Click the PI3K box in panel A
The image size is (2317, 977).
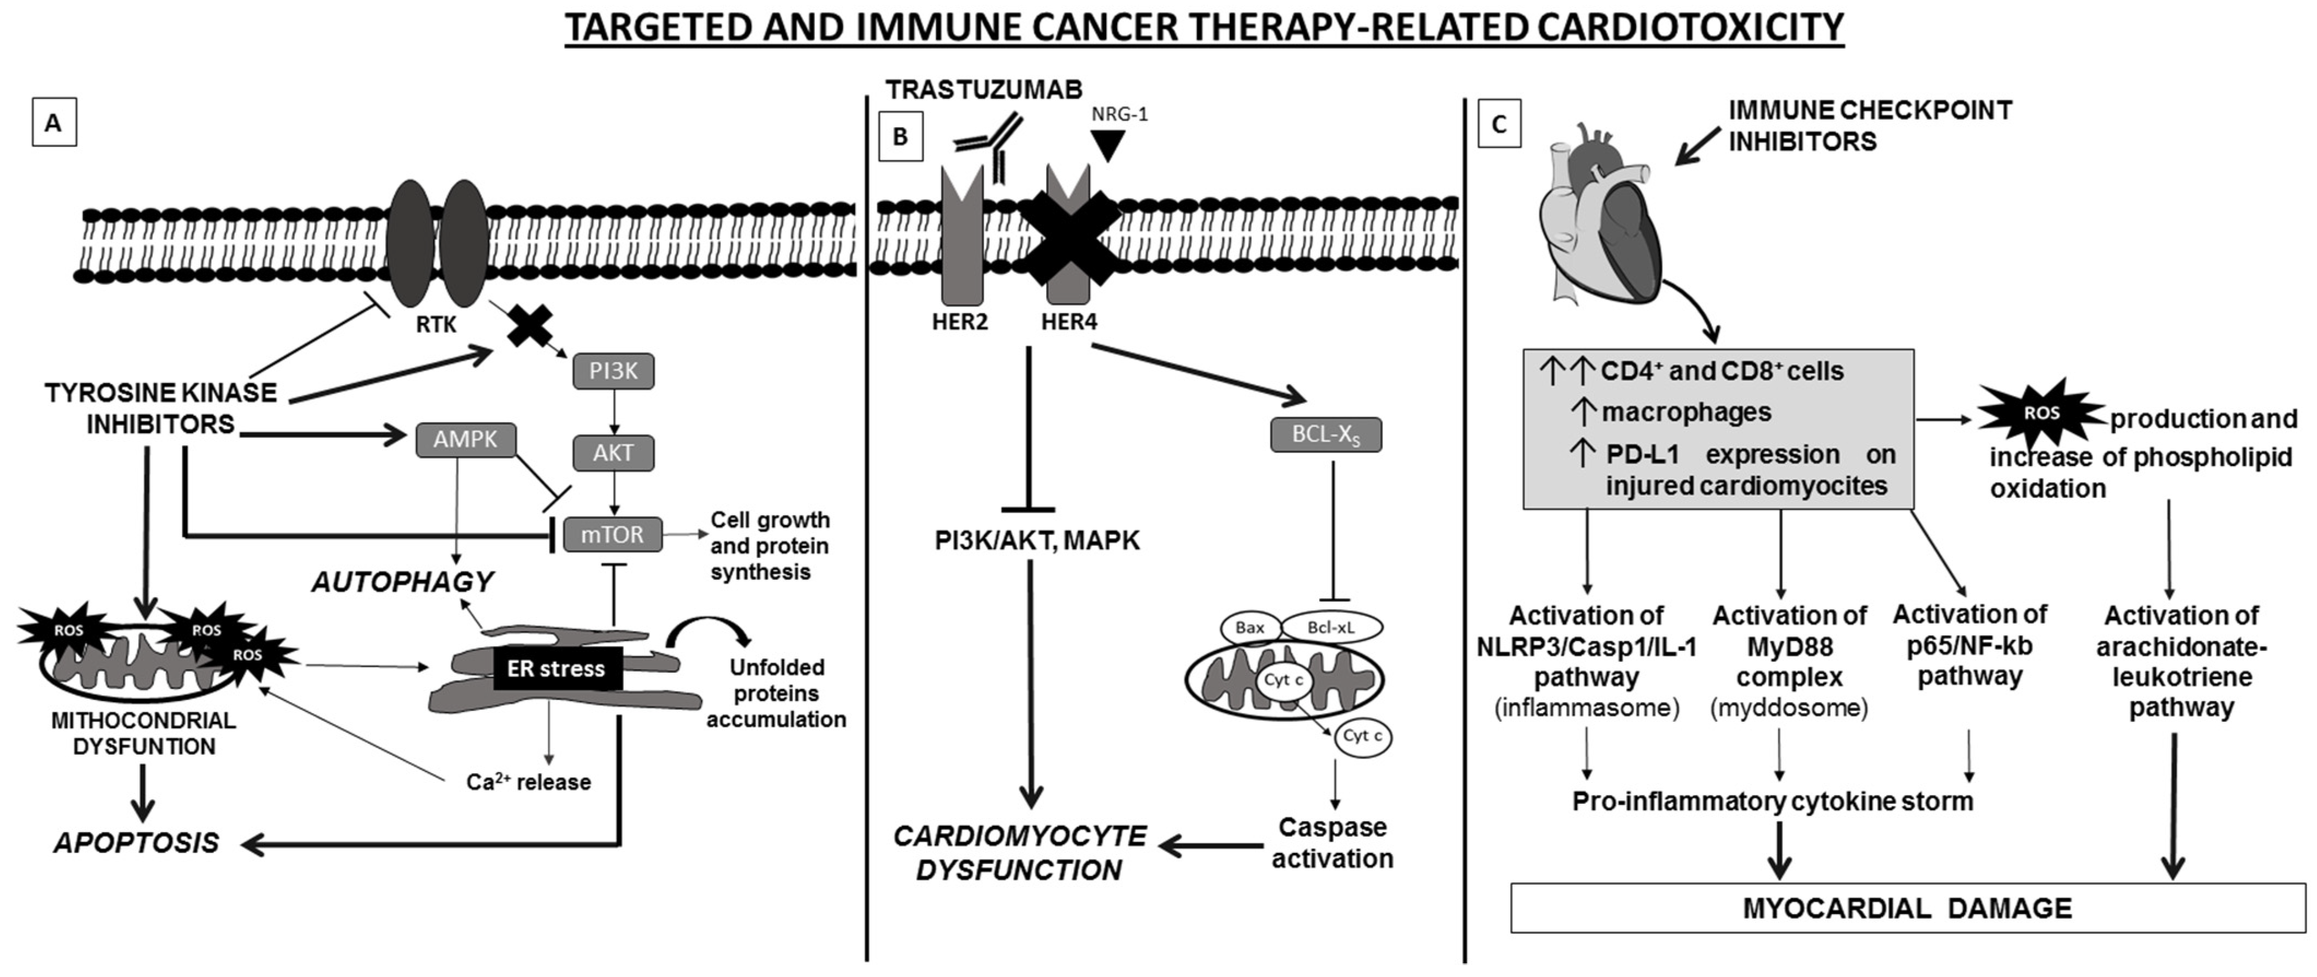pos(613,370)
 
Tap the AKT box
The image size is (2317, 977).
pos(613,452)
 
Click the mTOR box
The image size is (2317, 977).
pos(612,534)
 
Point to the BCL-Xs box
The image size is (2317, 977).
pos(1326,434)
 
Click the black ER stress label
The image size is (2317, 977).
pos(556,668)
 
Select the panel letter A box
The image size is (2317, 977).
pos(54,123)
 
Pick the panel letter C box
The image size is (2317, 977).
pos(1499,124)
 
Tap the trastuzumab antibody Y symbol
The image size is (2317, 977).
pos(989,146)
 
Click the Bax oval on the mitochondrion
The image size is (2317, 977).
pos(1250,628)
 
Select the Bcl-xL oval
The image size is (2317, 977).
pos(1331,628)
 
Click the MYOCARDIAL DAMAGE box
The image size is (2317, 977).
pos(1908,908)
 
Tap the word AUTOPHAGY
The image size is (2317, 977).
pos(403,582)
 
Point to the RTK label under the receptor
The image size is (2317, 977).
pos(436,325)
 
